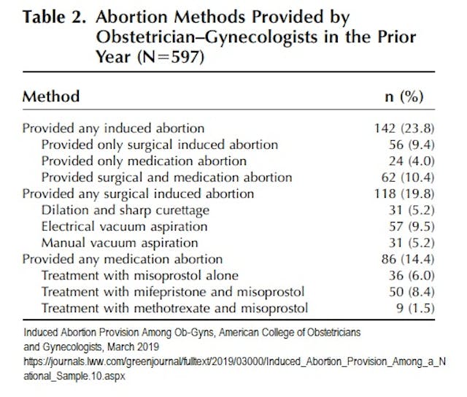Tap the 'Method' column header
[51, 96]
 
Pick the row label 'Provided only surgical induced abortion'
[159, 144]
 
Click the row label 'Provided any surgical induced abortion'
[138, 193]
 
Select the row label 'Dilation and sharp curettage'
[125, 210]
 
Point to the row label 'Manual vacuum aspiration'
[119, 242]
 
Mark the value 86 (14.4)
[402, 259]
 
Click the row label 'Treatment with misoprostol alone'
[140, 275]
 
